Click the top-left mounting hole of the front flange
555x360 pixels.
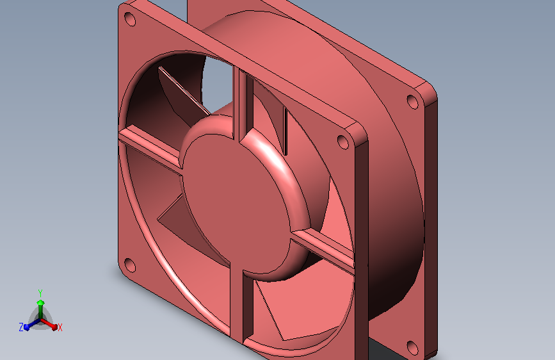point(130,19)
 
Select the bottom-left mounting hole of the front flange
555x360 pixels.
point(129,264)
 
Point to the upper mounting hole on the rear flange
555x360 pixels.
point(412,101)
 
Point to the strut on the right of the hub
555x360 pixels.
point(323,247)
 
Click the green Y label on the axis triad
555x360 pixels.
point(40,292)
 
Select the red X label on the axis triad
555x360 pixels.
point(60,327)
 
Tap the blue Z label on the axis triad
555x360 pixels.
point(21,327)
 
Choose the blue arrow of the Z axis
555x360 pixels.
point(29,325)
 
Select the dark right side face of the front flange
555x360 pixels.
point(362,243)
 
